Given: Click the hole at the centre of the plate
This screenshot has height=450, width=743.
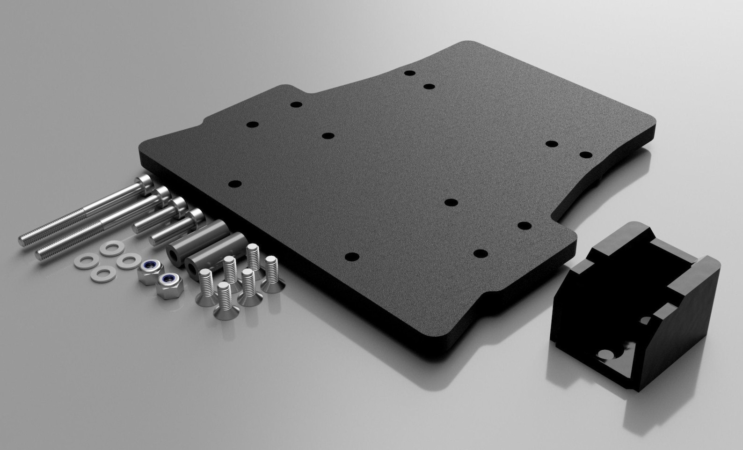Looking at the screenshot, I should pyautogui.click(x=450, y=202).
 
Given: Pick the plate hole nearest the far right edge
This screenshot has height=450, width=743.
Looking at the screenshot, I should pyautogui.click(x=585, y=155).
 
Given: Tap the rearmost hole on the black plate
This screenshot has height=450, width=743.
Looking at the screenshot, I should pyautogui.click(x=410, y=74).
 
